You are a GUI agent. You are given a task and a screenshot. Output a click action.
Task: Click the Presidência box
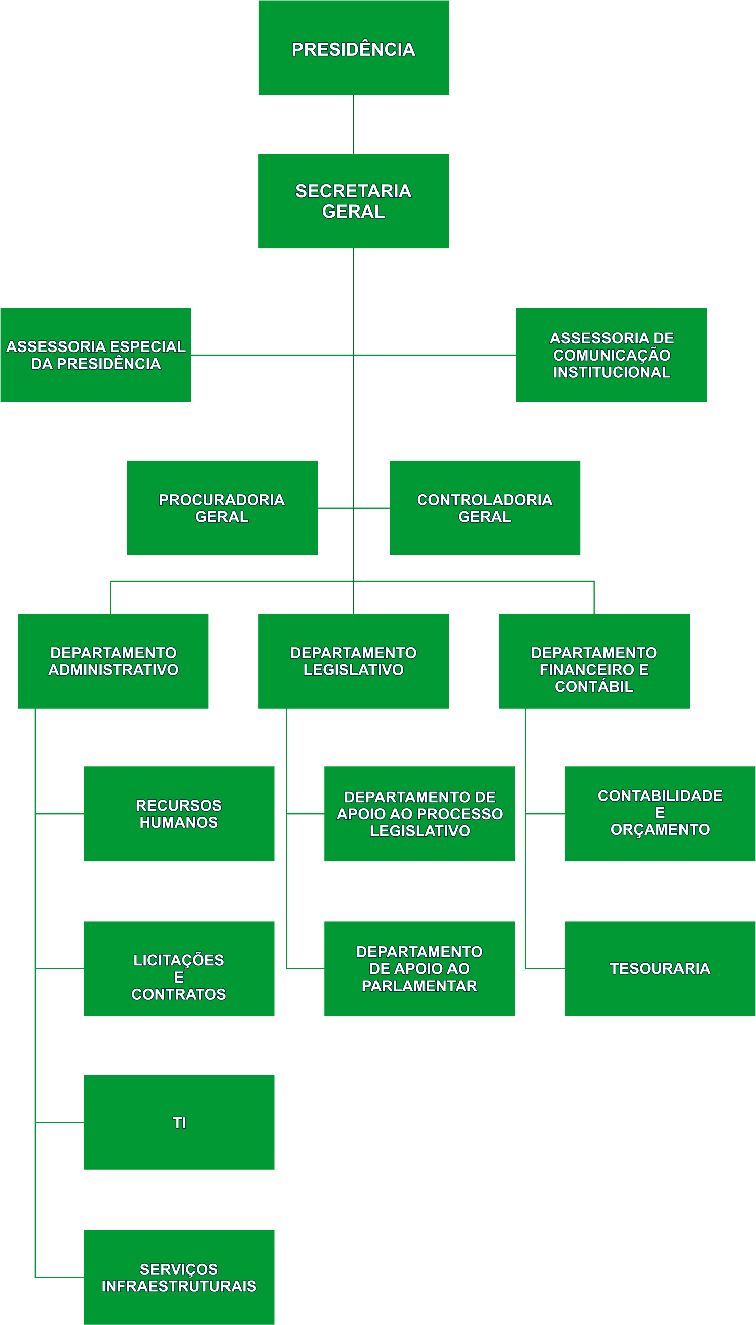click(x=354, y=48)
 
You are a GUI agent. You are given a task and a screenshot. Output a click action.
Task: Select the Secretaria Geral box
click(x=354, y=201)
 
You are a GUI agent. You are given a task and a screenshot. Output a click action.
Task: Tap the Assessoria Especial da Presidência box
click(x=96, y=355)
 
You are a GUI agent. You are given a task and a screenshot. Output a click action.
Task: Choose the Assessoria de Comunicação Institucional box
click(x=611, y=355)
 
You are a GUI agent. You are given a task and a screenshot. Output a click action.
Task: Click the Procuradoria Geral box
click(x=222, y=508)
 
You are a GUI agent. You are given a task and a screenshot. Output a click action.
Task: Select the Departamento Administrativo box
click(x=113, y=661)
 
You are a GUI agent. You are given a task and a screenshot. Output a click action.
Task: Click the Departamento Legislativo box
click(x=354, y=661)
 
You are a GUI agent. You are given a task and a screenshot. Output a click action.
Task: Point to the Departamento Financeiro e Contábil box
click(x=594, y=661)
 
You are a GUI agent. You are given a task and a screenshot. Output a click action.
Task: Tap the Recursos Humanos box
click(x=179, y=814)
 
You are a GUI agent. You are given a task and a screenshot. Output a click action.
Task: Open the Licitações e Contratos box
click(x=179, y=968)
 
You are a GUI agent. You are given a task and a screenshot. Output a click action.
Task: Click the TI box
click(x=179, y=1122)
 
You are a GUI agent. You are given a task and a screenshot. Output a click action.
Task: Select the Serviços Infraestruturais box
click(x=179, y=1277)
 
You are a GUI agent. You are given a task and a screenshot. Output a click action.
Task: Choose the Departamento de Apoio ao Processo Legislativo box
click(x=420, y=814)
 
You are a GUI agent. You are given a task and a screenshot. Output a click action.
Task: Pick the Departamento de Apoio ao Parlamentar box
click(x=420, y=968)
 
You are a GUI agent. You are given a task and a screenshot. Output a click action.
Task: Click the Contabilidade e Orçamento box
click(x=660, y=814)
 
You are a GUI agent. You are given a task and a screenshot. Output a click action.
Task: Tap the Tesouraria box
click(x=660, y=968)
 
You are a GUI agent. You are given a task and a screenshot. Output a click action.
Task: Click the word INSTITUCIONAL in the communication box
click(x=612, y=372)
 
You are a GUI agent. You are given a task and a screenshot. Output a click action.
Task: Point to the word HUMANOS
click(x=179, y=823)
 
